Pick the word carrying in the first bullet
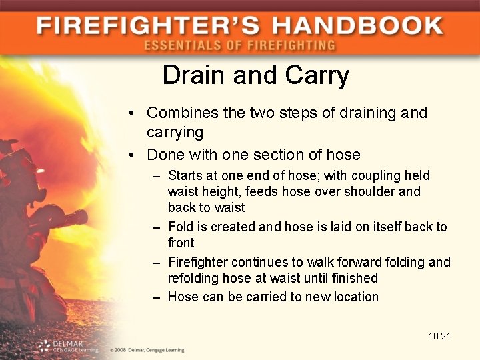pos(175,132)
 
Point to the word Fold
pos(180,227)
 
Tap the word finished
pos(354,278)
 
